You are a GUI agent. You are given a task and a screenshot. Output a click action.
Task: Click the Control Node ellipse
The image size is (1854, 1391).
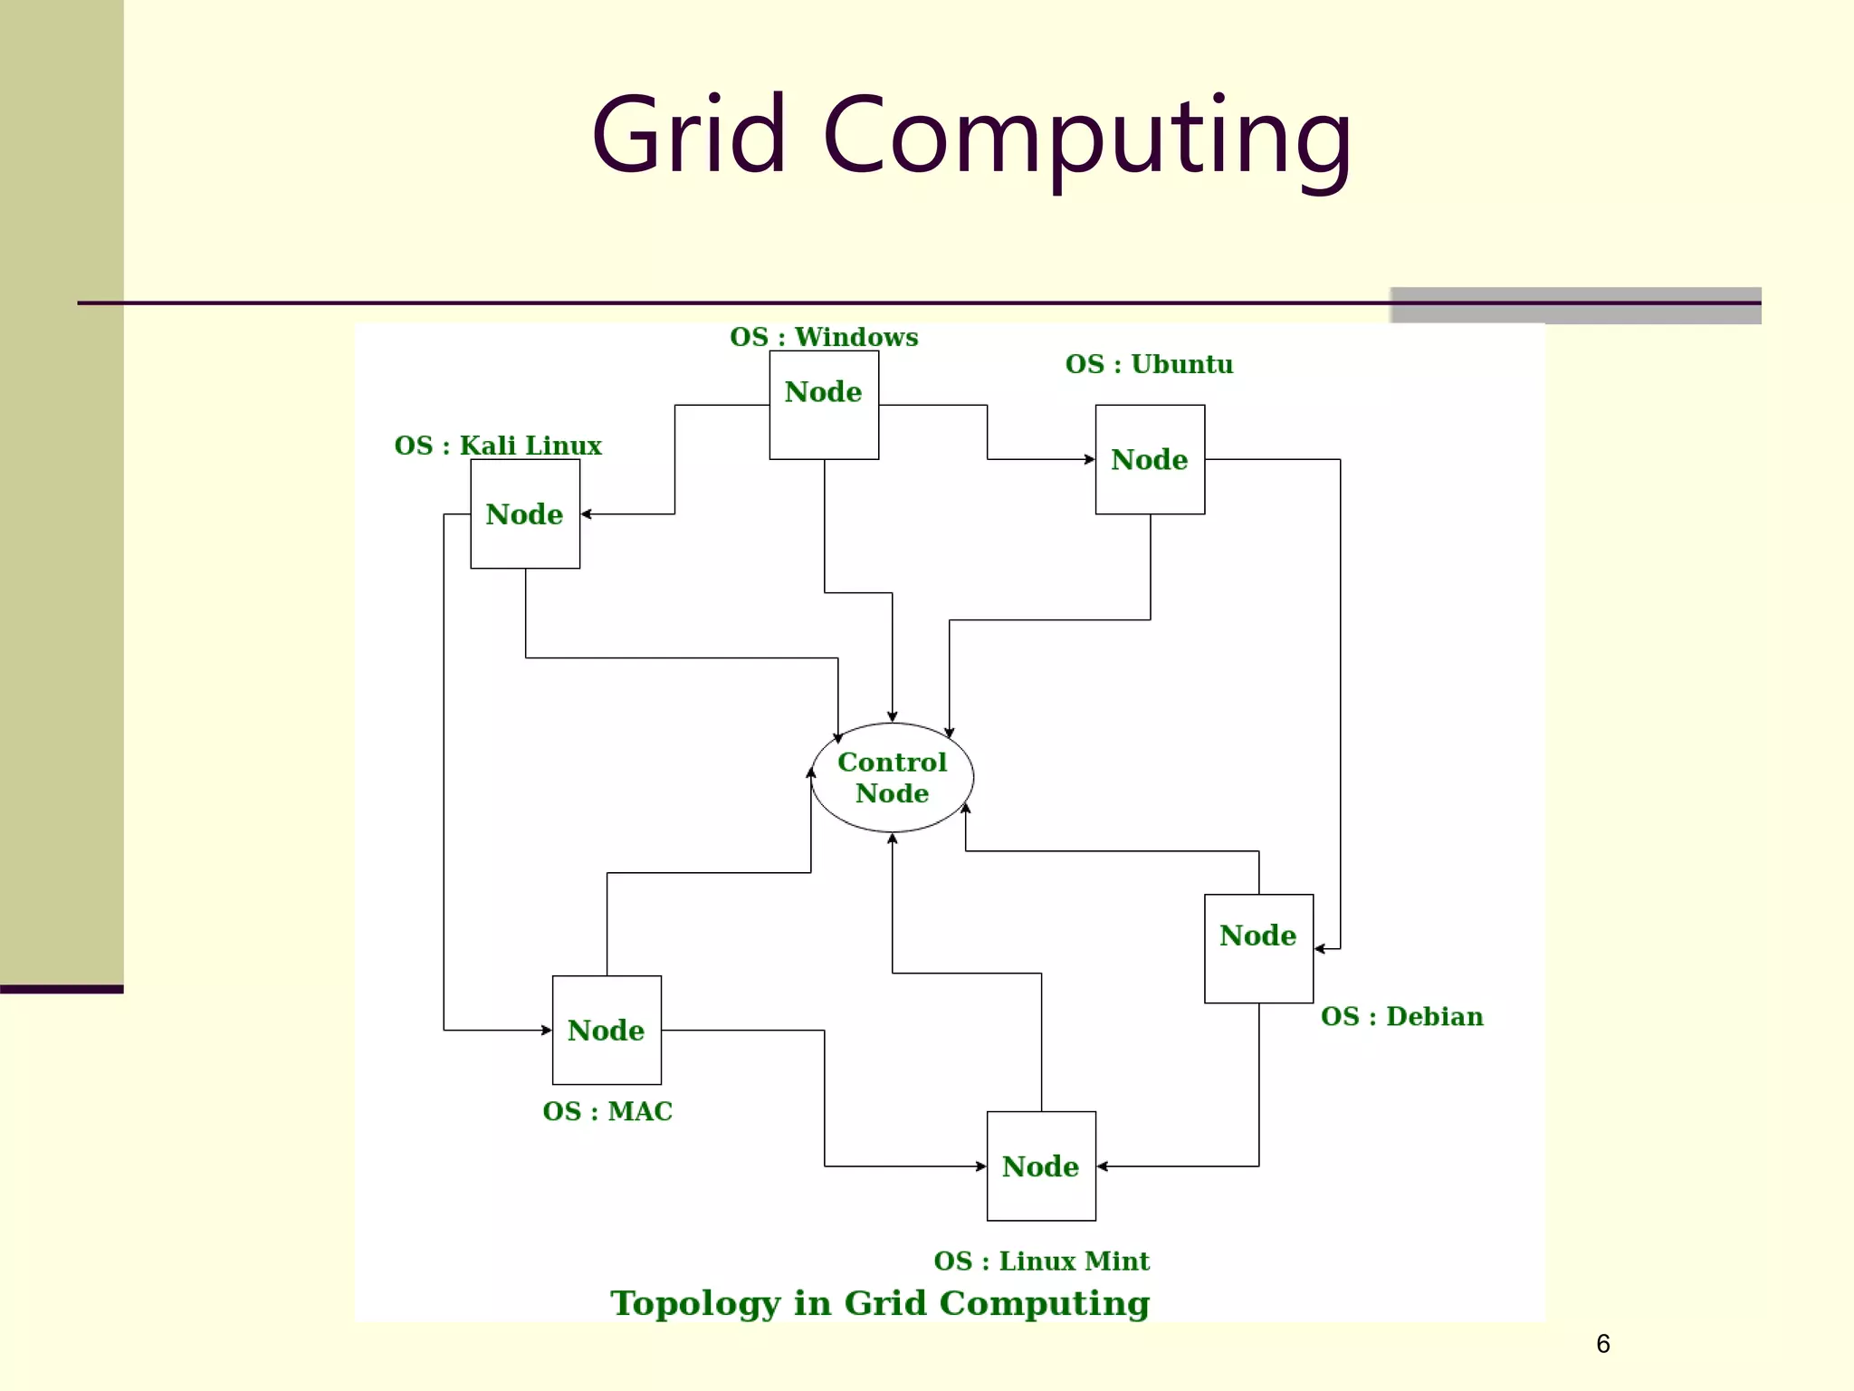coord(892,777)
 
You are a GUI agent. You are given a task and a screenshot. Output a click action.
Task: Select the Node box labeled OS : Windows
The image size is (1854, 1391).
coord(824,405)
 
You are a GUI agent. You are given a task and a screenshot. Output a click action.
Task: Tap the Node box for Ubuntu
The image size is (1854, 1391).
coord(1150,459)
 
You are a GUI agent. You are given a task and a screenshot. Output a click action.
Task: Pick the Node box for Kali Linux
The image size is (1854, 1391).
coord(525,513)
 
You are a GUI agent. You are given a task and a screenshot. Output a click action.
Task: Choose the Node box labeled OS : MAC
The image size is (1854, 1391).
coord(607,1030)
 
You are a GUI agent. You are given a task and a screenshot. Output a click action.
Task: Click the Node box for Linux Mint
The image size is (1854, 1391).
coord(1041,1166)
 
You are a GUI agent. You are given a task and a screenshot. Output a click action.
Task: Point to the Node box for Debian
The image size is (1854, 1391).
coord(1258,948)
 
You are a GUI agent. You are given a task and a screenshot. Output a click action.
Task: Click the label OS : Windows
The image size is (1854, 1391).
coord(824,337)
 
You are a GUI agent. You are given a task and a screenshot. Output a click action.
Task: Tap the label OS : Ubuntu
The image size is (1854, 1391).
coord(1149,364)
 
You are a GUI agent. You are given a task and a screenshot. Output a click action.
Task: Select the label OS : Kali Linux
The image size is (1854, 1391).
coord(498,446)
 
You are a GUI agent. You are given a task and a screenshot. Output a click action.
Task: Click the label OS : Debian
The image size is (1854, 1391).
coord(1401,1016)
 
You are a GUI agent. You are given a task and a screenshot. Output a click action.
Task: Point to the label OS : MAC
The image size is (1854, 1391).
coord(607,1111)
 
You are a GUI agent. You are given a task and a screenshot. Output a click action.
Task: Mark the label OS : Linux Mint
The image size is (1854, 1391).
coord(1041,1261)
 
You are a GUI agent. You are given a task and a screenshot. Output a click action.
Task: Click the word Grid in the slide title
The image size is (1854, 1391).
coord(688,136)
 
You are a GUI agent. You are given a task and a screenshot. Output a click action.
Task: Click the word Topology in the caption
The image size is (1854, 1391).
coord(694,1303)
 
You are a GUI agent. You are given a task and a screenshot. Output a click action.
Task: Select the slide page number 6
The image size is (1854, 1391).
coord(1602,1344)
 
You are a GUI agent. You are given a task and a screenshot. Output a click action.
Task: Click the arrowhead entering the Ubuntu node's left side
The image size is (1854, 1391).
coord(1090,459)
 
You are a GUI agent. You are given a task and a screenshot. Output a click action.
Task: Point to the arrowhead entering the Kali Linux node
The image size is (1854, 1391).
coord(586,513)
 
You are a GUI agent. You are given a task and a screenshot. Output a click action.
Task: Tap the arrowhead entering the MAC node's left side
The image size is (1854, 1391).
coord(547,1030)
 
